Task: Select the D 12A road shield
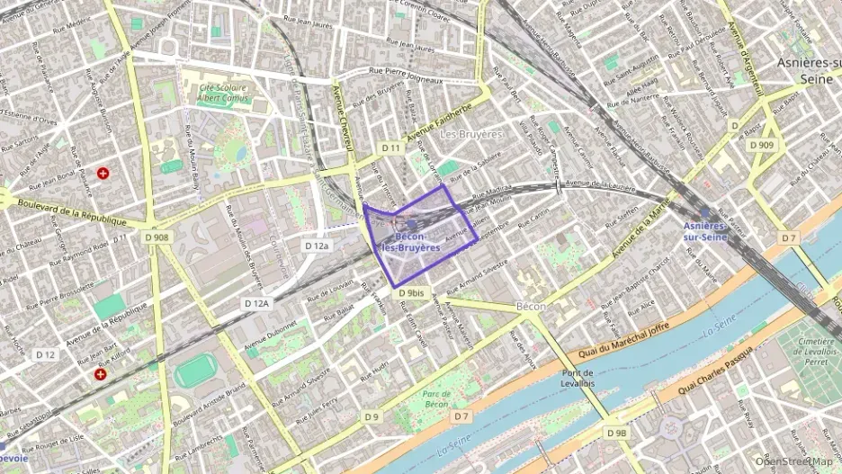(x=257, y=304)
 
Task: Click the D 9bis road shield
(x=409, y=293)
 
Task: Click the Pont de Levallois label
(x=578, y=379)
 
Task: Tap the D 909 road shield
(x=760, y=145)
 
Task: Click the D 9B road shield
(x=616, y=433)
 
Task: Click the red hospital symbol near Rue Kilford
(x=101, y=373)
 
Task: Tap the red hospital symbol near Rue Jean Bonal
(x=104, y=173)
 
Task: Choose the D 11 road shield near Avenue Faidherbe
(x=390, y=148)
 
